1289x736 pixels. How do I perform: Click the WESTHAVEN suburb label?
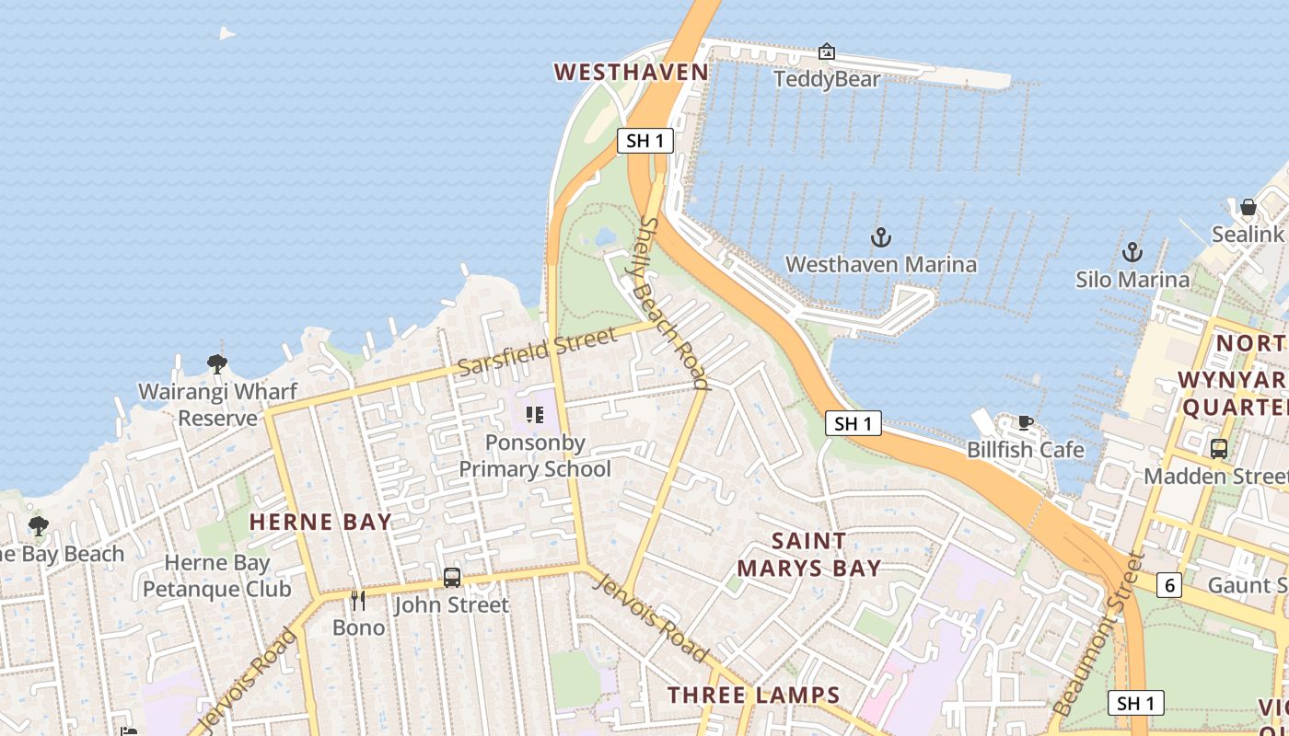click(x=631, y=73)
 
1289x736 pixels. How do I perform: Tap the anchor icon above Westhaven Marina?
click(x=881, y=238)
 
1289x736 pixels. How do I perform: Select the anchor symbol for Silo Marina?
click(x=1132, y=252)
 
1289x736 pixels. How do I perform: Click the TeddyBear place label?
click(x=827, y=79)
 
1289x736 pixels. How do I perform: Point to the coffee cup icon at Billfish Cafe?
click(x=1025, y=423)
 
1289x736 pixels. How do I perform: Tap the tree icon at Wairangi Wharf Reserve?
click(x=217, y=364)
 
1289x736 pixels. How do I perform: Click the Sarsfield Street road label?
click(x=536, y=351)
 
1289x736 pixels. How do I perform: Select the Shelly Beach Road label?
click(x=674, y=303)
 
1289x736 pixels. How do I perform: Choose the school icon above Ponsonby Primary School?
click(x=534, y=416)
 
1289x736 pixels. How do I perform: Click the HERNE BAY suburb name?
click(x=320, y=522)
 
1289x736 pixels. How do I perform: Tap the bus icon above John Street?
click(x=451, y=578)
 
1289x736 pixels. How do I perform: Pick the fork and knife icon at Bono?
click(x=358, y=601)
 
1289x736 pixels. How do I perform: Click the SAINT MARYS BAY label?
click(x=808, y=554)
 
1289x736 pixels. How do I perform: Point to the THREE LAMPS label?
click(x=753, y=696)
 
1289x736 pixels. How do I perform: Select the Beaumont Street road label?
click(x=1097, y=635)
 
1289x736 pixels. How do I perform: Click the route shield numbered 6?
click(x=1168, y=585)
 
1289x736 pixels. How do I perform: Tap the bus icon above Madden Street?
click(x=1218, y=449)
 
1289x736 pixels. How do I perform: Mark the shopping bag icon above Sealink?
click(x=1248, y=207)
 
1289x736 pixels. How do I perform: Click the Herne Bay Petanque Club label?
click(x=217, y=576)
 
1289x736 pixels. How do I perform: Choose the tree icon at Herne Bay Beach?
click(x=38, y=526)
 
